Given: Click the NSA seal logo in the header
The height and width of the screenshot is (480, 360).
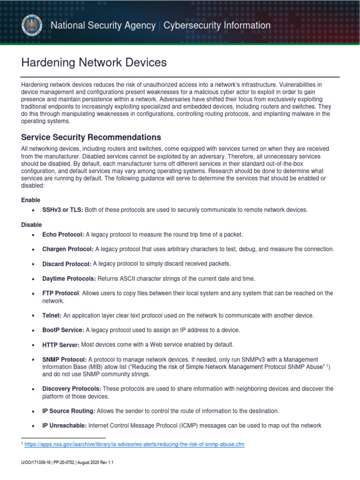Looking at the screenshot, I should (x=32, y=26).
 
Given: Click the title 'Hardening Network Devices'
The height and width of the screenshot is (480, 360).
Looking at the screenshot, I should (x=94, y=62).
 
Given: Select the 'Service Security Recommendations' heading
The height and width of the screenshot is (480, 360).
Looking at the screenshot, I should (x=91, y=137).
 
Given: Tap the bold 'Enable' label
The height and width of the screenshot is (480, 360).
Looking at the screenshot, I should (x=30, y=200).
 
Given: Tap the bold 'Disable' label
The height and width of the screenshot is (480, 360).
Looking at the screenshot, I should (x=31, y=225).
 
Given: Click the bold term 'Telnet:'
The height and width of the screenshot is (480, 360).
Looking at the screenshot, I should (x=52, y=315).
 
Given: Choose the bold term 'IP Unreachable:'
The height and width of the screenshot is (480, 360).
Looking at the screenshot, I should (x=65, y=426).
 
